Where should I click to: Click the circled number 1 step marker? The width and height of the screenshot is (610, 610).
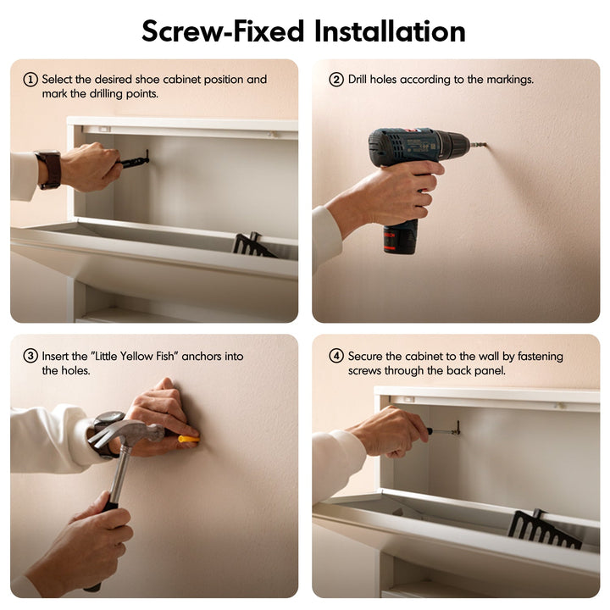(x=30, y=80)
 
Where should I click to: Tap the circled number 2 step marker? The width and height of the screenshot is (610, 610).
(x=336, y=80)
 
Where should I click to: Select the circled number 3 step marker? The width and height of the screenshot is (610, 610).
(x=30, y=356)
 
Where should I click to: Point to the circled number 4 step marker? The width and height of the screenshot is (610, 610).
(x=336, y=356)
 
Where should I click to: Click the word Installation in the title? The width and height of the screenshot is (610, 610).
(x=390, y=31)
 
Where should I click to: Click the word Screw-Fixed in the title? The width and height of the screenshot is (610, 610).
(x=223, y=31)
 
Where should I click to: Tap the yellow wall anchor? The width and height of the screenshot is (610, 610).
(x=189, y=439)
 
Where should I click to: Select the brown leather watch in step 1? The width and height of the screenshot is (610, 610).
(x=50, y=170)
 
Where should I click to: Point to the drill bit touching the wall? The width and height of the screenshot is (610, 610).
(x=479, y=145)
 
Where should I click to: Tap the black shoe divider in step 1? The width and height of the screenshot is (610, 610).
(x=252, y=245)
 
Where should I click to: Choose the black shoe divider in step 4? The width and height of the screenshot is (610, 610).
(x=544, y=529)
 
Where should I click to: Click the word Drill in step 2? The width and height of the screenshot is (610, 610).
(x=358, y=80)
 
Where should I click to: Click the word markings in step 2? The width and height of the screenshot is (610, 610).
(x=510, y=80)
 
